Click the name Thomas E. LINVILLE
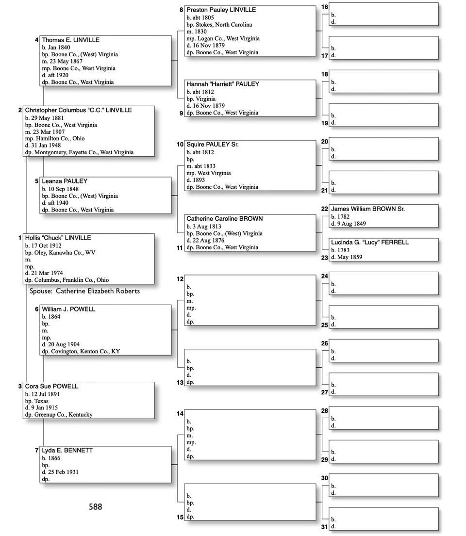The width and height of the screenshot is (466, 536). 70,40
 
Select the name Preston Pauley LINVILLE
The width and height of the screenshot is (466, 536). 221,10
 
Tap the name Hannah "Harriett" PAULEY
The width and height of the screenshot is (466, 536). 223,84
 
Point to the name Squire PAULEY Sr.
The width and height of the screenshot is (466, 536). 213,145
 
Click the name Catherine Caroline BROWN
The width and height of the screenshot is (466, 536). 224,219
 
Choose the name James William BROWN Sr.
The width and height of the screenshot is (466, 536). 368,209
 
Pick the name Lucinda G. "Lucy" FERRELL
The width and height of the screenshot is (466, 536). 370,242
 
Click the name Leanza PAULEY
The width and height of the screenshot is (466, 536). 65,181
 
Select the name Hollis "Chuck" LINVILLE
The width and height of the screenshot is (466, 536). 58,238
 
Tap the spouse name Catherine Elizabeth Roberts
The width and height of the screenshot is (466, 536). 98,291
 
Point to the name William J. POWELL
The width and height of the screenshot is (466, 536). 68,309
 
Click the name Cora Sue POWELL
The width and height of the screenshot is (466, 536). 51,386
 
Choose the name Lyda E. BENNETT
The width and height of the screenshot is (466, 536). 67,450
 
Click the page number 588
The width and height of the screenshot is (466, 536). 95,507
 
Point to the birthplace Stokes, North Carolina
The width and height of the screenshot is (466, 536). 223,25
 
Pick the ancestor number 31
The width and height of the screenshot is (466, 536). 325,527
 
